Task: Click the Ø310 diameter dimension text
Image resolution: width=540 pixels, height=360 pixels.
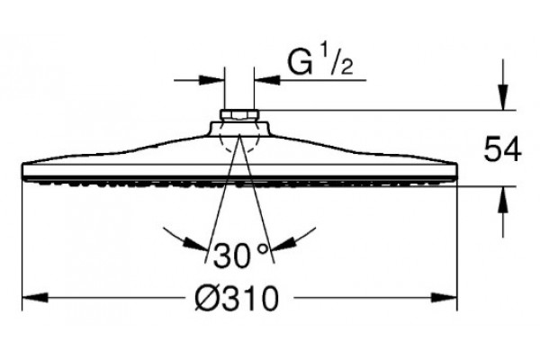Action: point(236,298)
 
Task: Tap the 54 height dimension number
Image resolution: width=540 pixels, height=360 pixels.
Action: point(503,148)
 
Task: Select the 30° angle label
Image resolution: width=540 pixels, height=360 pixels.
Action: point(240,255)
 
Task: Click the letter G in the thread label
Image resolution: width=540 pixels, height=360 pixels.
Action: point(301,63)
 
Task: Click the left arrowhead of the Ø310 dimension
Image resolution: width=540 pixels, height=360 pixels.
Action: point(35,298)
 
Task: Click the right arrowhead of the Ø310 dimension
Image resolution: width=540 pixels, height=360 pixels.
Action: point(445,298)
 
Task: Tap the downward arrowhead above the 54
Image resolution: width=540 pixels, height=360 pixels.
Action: point(503,97)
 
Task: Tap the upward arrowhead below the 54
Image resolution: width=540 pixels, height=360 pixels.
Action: point(503,199)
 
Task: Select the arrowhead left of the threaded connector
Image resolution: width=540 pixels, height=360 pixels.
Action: point(211,81)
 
